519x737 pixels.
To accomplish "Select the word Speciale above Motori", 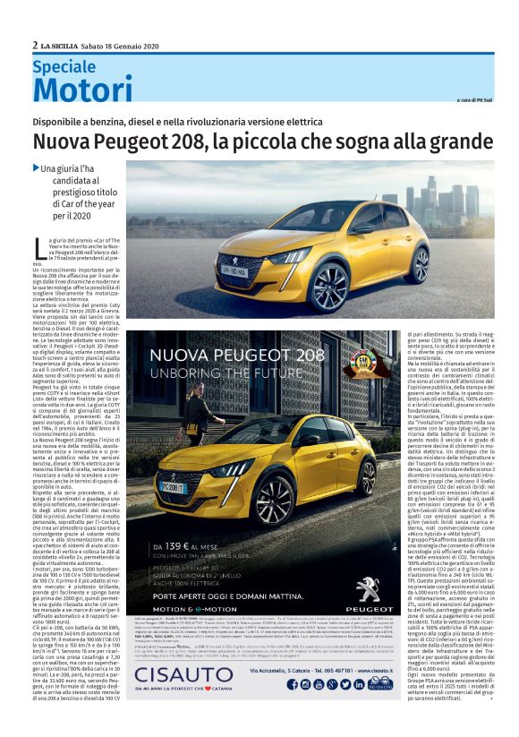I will tap(64, 66).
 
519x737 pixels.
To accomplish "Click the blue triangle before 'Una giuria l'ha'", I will tap(36, 168).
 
